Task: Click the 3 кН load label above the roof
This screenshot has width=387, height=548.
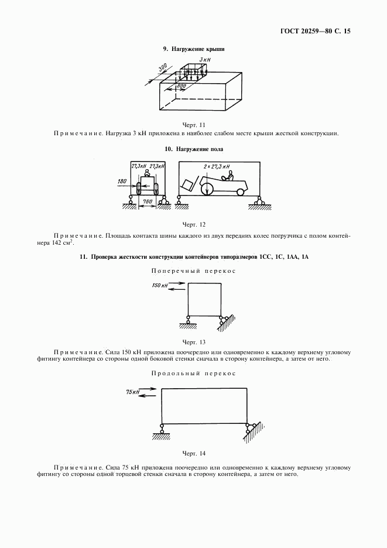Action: click(204, 60)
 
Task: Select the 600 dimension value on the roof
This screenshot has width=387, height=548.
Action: click(181, 86)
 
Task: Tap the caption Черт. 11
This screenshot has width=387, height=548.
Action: click(194, 124)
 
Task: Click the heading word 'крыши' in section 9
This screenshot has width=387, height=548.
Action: click(214, 49)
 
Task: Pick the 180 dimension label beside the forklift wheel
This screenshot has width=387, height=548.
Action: click(122, 182)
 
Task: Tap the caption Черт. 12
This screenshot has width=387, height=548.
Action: click(194, 224)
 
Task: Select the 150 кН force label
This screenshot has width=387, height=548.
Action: click(159, 285)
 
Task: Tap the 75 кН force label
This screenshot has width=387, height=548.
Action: click(133, 391)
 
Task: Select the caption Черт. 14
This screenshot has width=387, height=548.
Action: click(194, 453)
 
